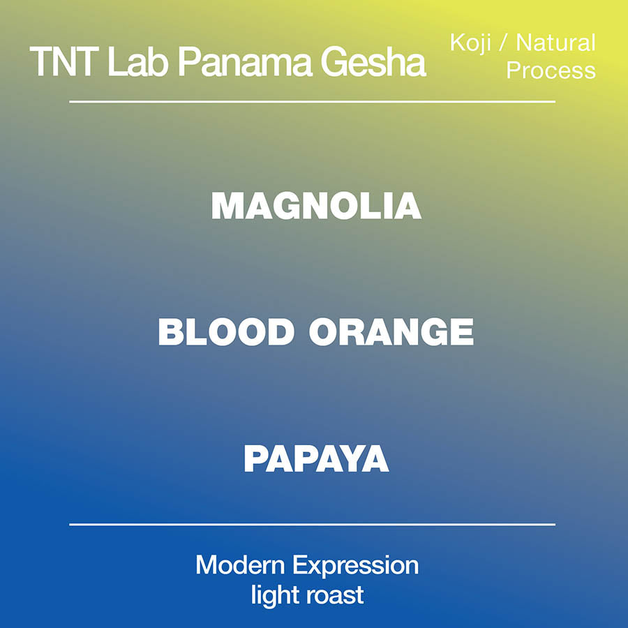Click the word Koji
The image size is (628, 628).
[x=469, y=43]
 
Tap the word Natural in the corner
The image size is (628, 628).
[x=556, y=43]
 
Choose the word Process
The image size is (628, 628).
[x=551, y=70]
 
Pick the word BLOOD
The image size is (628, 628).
[x=226, y=332]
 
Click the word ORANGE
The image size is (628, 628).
[x=391, y=332]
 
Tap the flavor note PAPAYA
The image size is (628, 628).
[x=316, y=459]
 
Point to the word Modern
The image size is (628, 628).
[x=240, y=565]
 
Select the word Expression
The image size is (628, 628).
[x=356, y=565]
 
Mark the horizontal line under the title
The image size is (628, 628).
[x=313, y=102]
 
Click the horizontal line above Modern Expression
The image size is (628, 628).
[x=313, y=524]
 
